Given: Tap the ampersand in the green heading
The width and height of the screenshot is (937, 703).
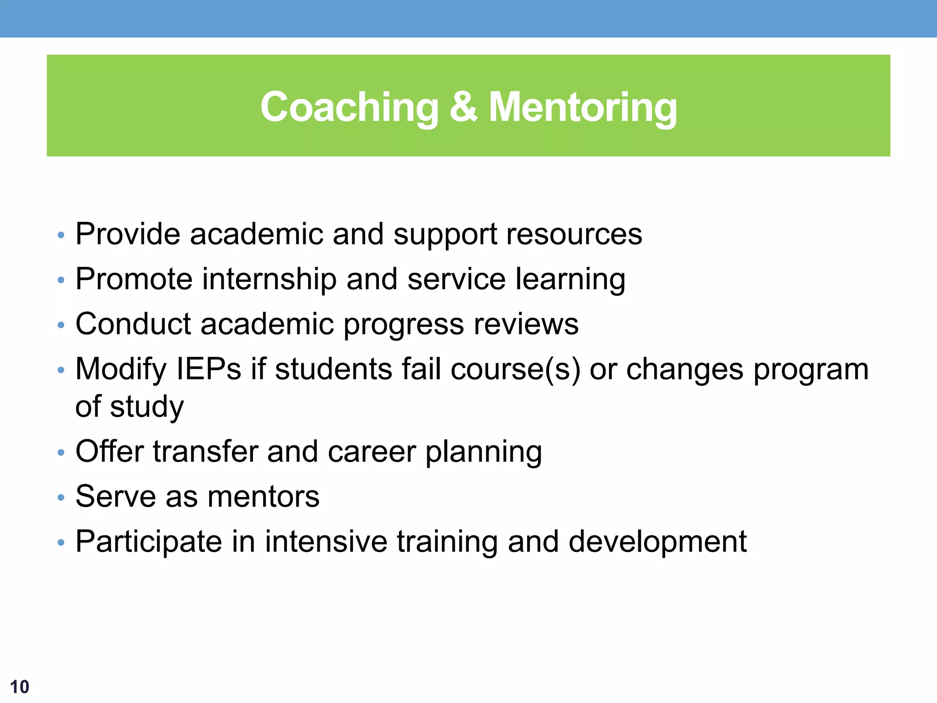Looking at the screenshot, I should click(x=463, y=107).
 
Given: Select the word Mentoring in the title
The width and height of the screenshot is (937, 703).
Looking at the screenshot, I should click(x=582, y=108).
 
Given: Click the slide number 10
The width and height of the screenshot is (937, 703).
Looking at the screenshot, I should click(x=19, y=687).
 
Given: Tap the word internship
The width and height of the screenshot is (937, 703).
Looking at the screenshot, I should click(x=269, y=280).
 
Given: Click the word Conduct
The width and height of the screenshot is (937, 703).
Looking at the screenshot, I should click(x=133, y=324).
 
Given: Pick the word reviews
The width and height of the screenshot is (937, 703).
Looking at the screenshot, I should click(x=526, y=324).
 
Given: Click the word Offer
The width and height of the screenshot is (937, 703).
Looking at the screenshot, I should click(x=110, y=451).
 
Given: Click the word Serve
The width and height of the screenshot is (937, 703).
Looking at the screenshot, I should click(x=115, y=497).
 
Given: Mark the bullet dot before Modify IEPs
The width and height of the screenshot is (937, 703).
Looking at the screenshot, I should click(x=61, y=370).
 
